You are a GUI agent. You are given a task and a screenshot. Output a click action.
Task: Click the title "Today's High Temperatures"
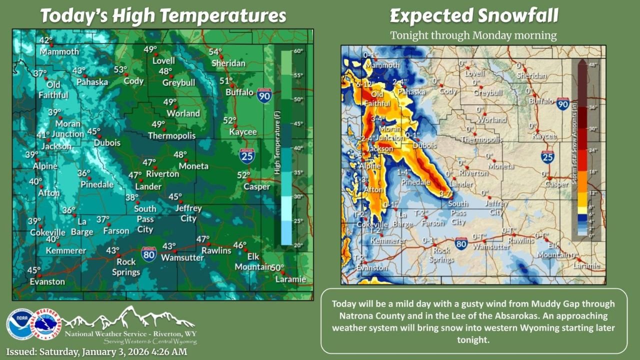[x=163, y=15]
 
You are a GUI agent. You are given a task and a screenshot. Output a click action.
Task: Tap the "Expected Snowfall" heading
[x=473, y=16]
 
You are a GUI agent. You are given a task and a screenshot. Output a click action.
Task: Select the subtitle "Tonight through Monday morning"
[x=473, y=35]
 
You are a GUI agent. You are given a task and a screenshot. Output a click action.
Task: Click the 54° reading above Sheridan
[x=215, y=52]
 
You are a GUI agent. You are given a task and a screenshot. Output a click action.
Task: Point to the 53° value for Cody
[x=120, y=70]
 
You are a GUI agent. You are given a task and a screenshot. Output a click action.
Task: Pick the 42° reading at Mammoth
[x=46, y=41]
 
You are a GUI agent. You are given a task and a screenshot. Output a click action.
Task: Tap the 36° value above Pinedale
[x=84, y=173]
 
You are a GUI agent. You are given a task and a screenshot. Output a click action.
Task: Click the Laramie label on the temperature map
[x=290, y=279]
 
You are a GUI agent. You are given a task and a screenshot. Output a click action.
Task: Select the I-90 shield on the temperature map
[x=264, y=95]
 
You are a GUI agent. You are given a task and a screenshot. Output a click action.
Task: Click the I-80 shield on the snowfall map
[x=461, y=243]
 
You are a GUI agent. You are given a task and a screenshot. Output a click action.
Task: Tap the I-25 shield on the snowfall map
[x=547, y=157]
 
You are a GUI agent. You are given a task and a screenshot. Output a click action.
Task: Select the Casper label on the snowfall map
[x=556, y=184]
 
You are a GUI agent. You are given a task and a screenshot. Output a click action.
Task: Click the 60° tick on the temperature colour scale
[x=299, y=51]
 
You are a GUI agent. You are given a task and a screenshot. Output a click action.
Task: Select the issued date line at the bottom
[x=96, y=352]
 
